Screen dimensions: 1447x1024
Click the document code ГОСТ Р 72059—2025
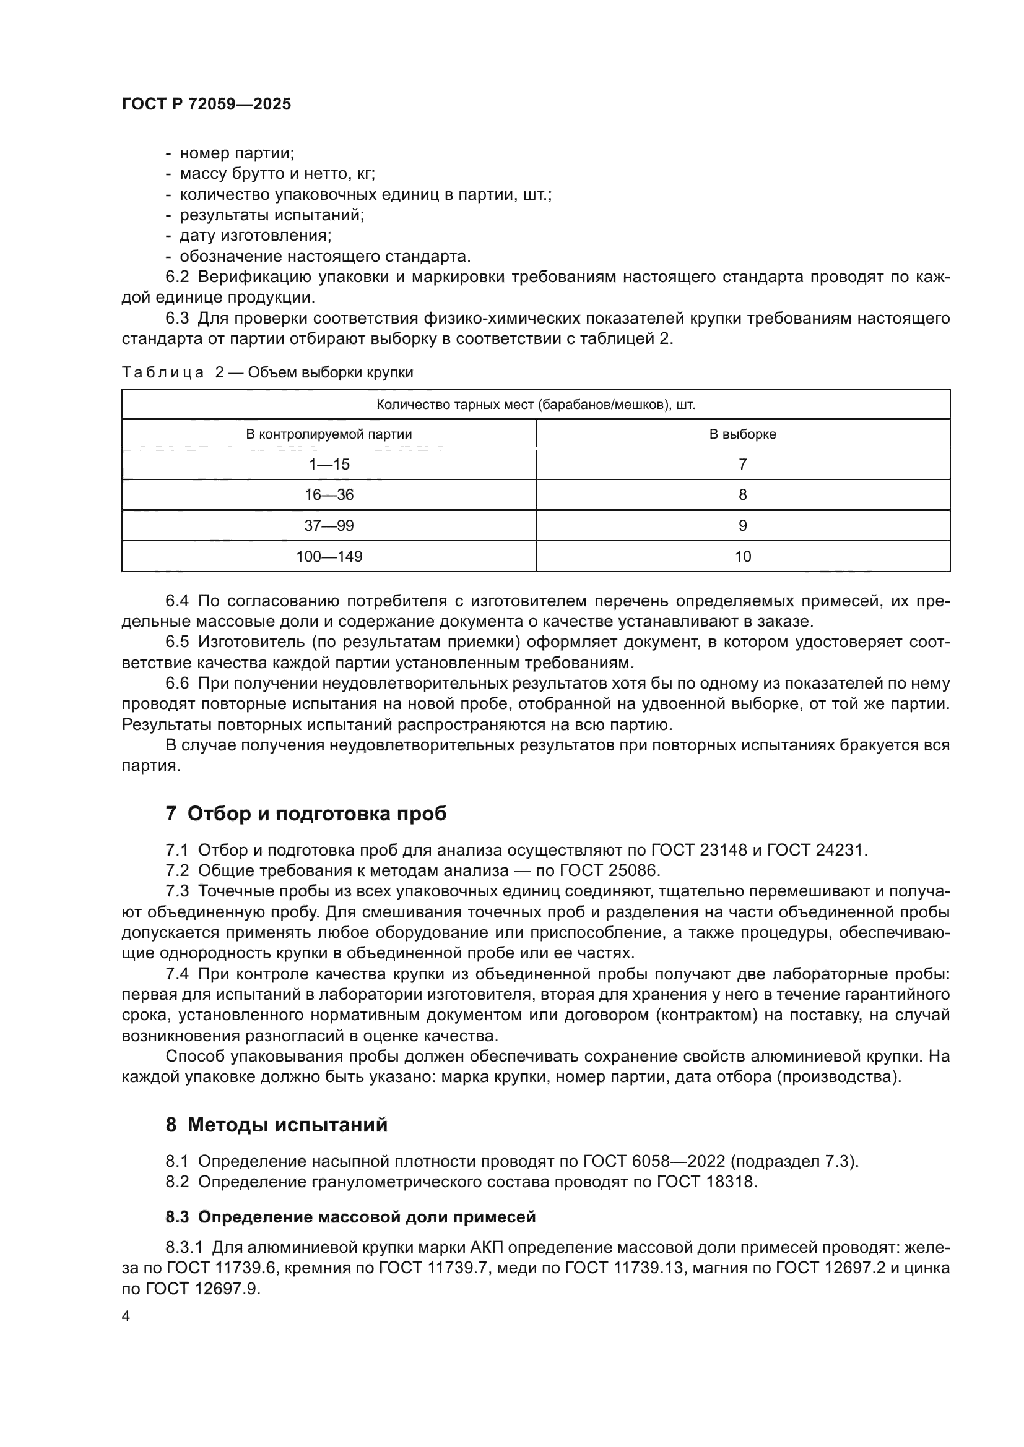tap(206, 105)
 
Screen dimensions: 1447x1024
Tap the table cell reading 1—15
tap(329, 465)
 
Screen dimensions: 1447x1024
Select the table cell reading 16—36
tap(329, 495)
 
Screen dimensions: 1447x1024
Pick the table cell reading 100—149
tap(329, 557)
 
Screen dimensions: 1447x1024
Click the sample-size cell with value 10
tap(742, 557)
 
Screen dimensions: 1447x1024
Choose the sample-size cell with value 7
tap(742, 465)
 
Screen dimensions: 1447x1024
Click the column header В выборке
tap(742, 434)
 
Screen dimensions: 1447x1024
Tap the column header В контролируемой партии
tap(329, 434)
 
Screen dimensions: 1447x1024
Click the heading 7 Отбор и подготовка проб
tap(306, 814)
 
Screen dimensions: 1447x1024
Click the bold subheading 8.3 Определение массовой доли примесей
tap(350, 1217)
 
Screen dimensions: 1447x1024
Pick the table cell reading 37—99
tap(329, 526)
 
